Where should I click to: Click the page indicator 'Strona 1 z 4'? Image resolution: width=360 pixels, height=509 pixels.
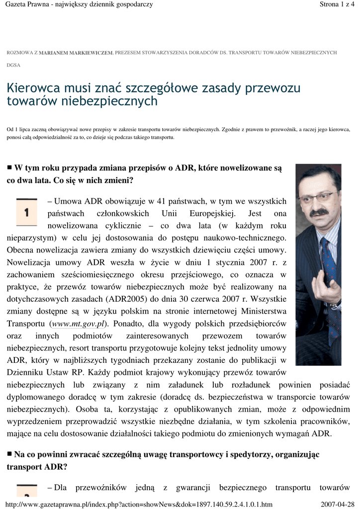(338, 4)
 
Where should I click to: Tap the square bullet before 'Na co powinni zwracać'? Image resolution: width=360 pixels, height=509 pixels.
(9, 453)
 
